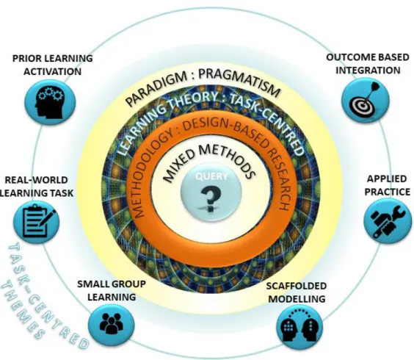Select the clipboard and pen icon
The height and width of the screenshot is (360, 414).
coord(38,220)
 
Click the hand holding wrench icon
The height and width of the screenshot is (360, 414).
coord(388,221)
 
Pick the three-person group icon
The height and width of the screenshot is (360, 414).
coord(111,323)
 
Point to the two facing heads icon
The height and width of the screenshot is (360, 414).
coord(299,326)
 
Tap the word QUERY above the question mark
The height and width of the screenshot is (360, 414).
coord(211,176)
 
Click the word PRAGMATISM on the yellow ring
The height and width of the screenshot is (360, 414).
coord(239,82)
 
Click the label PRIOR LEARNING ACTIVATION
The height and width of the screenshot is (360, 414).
coord(53,65)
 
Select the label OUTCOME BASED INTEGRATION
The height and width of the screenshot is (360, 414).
coord(368,64)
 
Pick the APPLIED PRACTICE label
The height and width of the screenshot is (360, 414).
coord(388,185)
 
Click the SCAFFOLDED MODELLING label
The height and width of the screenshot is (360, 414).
coord(297,292)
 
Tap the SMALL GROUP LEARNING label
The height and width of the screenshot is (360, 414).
coord(112,290)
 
